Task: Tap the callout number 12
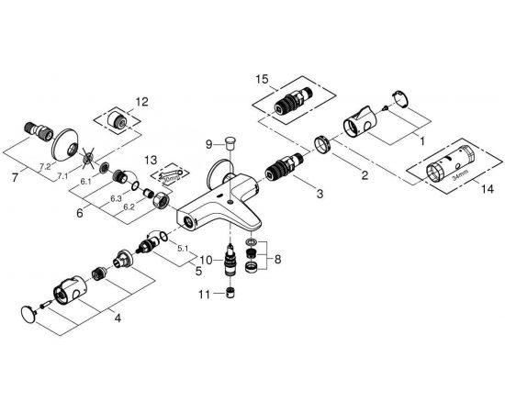(140, 101)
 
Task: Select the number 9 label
(208, 143)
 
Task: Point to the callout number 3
(320, 195)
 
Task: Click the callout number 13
(151, 158)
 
